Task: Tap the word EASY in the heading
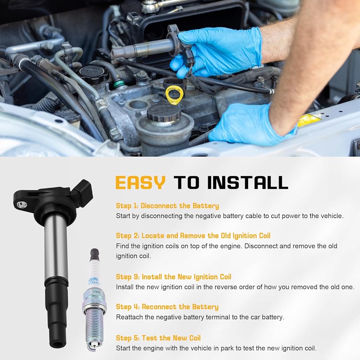point(140,183)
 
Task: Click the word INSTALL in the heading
point(248,183)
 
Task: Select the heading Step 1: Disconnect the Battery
point(167,206)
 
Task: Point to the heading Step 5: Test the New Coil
point(158,338)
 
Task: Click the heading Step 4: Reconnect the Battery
point(167,307)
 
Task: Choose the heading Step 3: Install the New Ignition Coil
point(174,277)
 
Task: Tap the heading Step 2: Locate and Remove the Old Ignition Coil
point(193,236)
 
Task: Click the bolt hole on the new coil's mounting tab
point(21,204)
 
